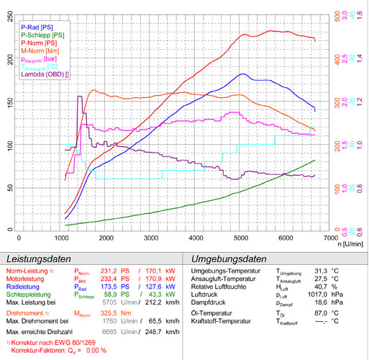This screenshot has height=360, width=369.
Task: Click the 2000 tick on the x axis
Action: pyautogui.click(x=106, y=238)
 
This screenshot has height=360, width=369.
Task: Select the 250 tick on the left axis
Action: pyautogui.click(x=9, y=15)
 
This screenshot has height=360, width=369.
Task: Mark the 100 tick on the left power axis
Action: pyautogui.click(x=9, y=145)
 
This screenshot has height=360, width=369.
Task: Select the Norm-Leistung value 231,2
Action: pyautogui.click(x=107, y=271)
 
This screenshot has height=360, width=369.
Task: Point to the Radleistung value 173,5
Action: pyautogui.click(x=107, y=287)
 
